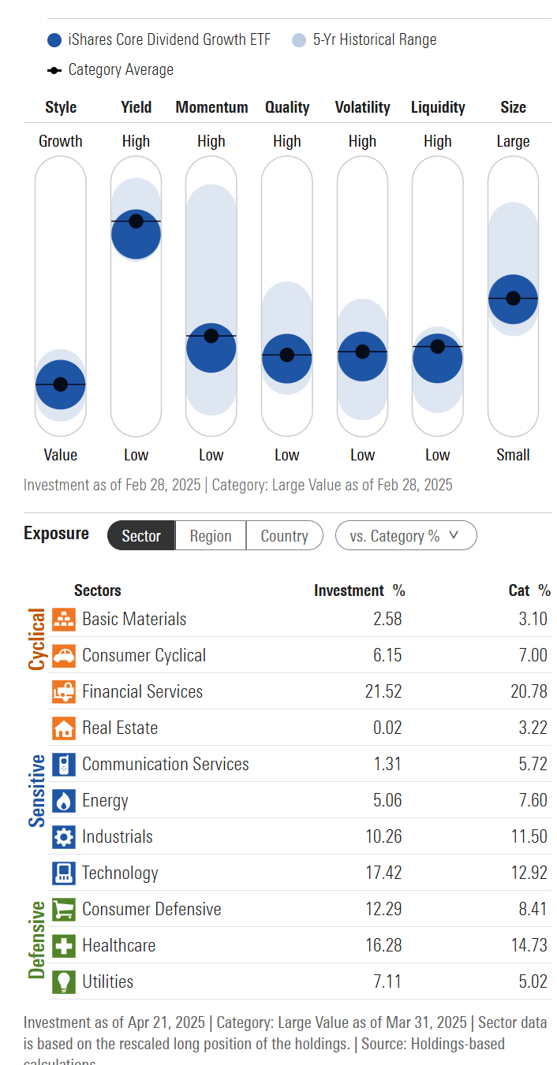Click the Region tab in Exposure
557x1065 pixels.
[x=211, y=536]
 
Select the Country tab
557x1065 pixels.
[x=284, y=536]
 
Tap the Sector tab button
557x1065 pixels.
[x=141, y=536]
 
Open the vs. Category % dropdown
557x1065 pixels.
[x=406, y=536]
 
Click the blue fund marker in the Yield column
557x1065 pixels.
[x=136, y=234]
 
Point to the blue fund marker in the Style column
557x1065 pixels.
[x=61, y=385]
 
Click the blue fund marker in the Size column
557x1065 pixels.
[x=513, y=299]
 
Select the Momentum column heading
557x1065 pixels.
[x=211, y=107]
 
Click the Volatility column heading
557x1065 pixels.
[x=362, y=107]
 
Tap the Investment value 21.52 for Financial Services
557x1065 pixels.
[x=383, y=691]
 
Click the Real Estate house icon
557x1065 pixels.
[x=64, y=728]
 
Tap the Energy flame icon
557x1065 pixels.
[x=64, y=800]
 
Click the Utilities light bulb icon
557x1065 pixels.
[x=64, y=981]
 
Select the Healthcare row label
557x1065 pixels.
[x=118, y=945]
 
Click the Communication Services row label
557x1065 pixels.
[x=165, y=764]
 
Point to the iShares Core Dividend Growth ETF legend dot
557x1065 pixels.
[x=54, y=40]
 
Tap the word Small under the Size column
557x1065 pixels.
[x=513, y=455]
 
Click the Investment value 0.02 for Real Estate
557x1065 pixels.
[x=387, y=728]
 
